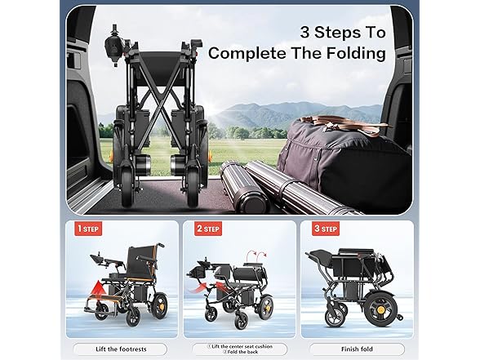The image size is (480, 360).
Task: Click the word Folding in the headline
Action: [347, 54]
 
